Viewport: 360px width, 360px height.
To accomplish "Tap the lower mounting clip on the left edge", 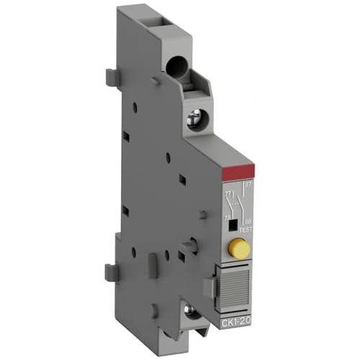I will (x=112, y=271).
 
